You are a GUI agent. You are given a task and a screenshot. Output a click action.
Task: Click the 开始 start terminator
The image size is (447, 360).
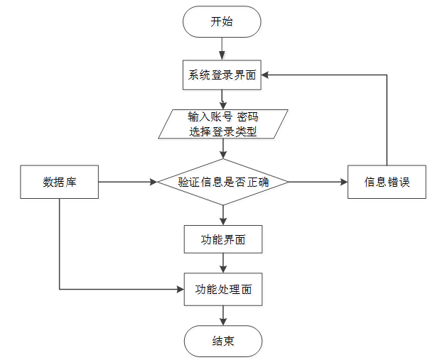click(222, 21)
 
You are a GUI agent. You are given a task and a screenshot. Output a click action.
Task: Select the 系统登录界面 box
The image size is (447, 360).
click(222, 75)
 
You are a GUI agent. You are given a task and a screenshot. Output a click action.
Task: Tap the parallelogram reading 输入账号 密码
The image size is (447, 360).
click(223, 124)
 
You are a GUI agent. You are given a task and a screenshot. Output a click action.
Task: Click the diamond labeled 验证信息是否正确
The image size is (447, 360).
click(223, 182)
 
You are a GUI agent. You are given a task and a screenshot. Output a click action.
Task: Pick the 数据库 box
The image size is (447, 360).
click(59, 182)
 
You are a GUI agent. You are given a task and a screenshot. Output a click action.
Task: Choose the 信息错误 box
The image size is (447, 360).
click(387, 182)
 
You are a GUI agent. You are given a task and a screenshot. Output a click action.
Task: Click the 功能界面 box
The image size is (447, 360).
click(223, 239)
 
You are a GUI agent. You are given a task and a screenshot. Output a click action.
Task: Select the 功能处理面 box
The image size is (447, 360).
click(223, 290)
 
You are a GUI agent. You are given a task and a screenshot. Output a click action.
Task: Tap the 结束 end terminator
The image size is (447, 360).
click(223, 342)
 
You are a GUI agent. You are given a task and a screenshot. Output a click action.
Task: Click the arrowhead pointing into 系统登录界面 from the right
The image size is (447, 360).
click(265, 75)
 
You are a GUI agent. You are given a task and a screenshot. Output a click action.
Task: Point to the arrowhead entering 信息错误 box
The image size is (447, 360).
click(344, 182)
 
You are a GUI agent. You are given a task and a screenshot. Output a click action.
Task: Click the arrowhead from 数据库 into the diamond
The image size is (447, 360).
click(154, 182)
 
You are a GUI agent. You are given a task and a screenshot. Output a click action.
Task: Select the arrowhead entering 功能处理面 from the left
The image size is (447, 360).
click(181, 290)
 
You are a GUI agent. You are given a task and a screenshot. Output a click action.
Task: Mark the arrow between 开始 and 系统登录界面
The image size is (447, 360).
click(222, 49)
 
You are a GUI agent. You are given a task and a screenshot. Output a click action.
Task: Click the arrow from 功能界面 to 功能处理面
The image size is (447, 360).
click(223, 263)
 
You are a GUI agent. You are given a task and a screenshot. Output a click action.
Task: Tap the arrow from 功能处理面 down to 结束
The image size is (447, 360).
click(223, 316)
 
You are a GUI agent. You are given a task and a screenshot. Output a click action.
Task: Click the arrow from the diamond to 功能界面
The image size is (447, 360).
click(223, 215)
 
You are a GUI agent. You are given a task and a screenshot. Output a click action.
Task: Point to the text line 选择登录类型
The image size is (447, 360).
click(223, 131)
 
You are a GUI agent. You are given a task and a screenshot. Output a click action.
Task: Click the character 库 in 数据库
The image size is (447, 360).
click(71, 182)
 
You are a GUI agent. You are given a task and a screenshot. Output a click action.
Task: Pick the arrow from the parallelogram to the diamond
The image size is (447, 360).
click(223, 148)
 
